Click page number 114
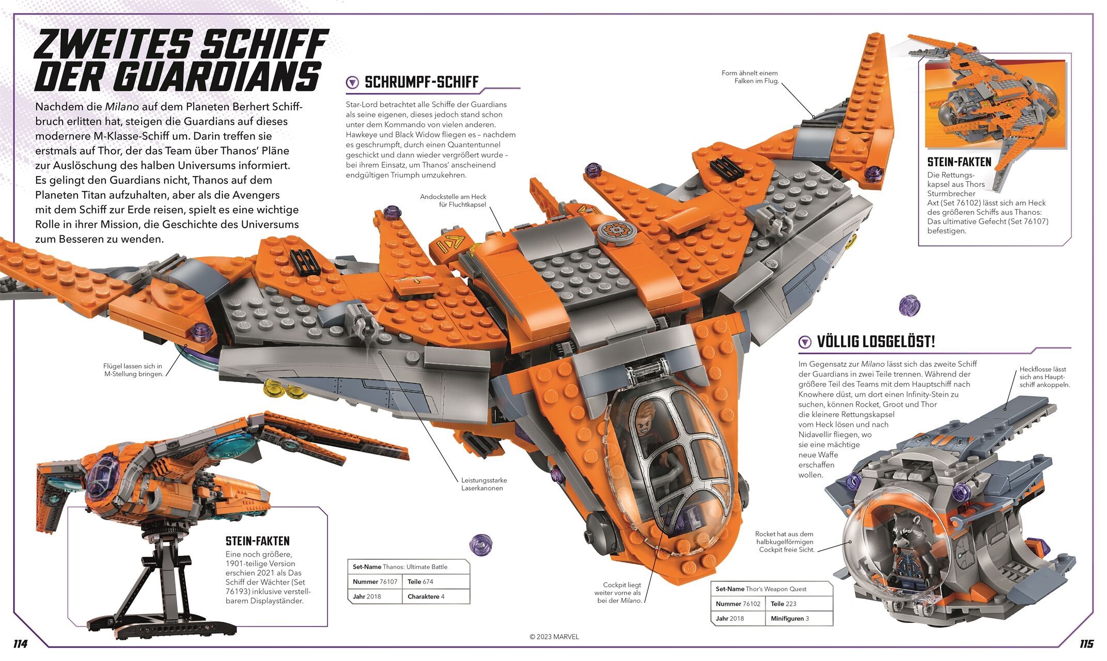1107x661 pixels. pyautogui.click(x=20, y=644)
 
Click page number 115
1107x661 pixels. pyautogui.click(x=1086, y=644)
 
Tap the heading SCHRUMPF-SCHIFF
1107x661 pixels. pyautogui.click(x=422, y=82)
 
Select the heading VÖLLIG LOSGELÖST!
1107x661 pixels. pyautogui.click(x=876, y=342)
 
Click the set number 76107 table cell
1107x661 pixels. pyautogui.click(x=375, y=581)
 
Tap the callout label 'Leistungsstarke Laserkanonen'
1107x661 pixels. pyautogui.click(x=482, y=484)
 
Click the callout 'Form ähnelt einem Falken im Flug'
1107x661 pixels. pyautogui.click(x=750, y=77)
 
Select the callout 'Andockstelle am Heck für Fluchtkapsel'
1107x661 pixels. pyautogui.click(x=453, y=200)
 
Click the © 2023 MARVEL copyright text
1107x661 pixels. pyautogui.click(x=554, y=637)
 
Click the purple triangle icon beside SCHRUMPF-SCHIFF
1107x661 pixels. pyautogui.click(x=352, y=82)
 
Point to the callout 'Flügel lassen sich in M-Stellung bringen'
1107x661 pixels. pyautogui.click(x=133, y=370)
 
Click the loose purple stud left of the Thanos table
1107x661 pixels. pyautogui.click(x=480, y=545)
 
